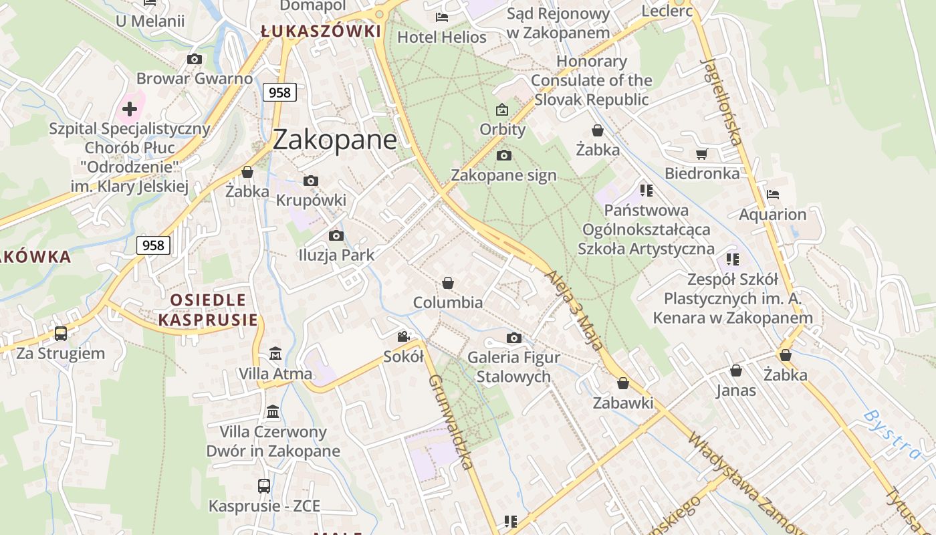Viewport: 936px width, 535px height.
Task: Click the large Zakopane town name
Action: click(x=334, y=140)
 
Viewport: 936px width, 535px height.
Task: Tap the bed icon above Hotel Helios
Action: click(x=441, y=17)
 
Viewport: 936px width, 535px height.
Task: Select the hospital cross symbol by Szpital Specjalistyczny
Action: click(x=130, y=108)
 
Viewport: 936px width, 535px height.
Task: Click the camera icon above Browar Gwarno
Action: click(x=195, y=59)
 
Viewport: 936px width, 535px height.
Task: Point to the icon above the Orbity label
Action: click(x=502, y=110)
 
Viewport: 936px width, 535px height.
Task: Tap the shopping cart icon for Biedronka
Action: click(x=701, y=154)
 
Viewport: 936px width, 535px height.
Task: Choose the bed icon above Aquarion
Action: click(x=773, y=195)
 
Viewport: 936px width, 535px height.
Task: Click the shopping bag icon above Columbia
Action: click(x=448, y=283)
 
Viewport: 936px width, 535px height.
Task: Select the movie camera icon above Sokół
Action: click(x=403, y=336)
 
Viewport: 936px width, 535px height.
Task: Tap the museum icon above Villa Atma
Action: click(x=275, y=353)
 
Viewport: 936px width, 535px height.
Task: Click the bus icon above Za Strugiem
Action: click(x=61, y=333)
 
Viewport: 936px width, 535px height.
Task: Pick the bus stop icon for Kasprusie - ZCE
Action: click(x=264, y=486)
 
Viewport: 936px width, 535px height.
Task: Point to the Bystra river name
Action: click(x=892, y=434)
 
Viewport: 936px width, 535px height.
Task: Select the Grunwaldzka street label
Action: click(x=451, y=421)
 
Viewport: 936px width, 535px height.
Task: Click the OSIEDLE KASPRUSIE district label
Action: click(x=208, y=310)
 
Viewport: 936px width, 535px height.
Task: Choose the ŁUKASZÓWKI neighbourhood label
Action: click(x=321, y=31)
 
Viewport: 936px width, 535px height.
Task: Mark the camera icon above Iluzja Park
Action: click(x=336, y=235)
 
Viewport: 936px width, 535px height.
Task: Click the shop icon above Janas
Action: click(x=736, y=370)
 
